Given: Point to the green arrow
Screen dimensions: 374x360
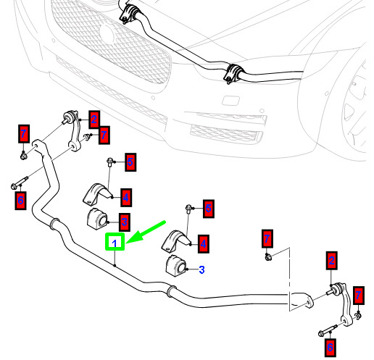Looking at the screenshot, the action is coord(146,231).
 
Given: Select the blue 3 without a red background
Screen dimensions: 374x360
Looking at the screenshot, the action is coord(201,269).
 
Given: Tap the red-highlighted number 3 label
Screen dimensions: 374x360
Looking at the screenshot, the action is coord(125,222).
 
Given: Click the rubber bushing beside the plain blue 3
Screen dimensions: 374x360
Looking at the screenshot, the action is coord(176,266).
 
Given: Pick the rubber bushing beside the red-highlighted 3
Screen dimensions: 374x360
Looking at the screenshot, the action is coord(97,219).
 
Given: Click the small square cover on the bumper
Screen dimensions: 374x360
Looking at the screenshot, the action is coord(230,100).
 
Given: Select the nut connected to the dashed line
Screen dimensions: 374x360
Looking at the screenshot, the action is coord(267,257).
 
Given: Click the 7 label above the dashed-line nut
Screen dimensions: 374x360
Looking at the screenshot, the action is coord(267,238).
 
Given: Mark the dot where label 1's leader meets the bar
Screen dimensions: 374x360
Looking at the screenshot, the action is coord(115,265).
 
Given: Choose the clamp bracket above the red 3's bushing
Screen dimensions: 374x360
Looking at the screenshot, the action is coord(97,195).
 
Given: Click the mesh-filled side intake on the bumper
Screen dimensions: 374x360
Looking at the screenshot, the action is coord(226,134).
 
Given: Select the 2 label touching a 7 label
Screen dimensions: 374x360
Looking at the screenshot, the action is coord(94,120).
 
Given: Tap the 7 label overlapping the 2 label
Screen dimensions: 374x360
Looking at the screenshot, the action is coord(104,135).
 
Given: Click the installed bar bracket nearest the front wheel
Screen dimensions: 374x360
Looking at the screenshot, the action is coord(233,74).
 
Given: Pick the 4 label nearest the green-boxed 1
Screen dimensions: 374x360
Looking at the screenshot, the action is coord(126,198).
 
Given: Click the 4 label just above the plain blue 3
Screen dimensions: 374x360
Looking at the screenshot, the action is coord(204,243).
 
